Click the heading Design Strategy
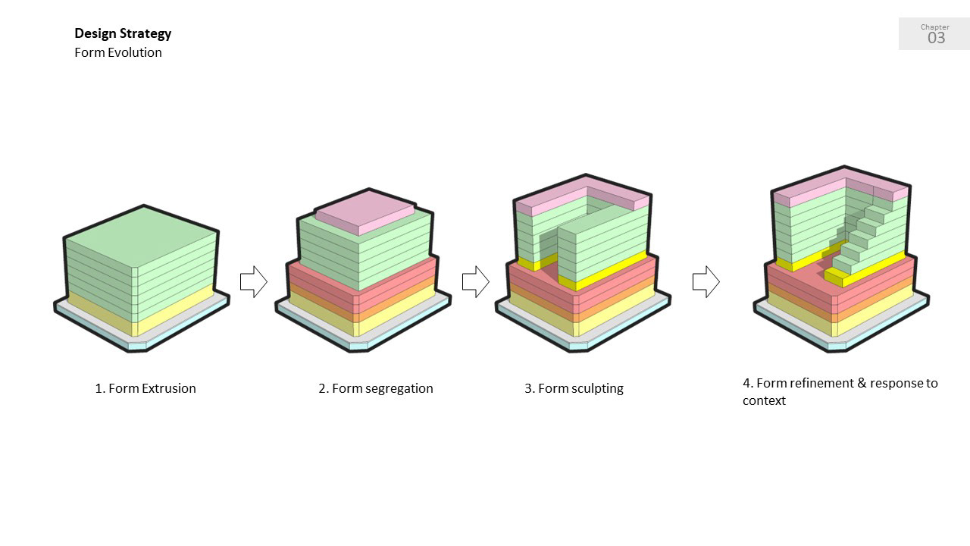tap(123, 33)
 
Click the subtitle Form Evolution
tap(118, 52)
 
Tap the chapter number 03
tap(936, 38)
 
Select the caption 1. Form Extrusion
tap(145, 388)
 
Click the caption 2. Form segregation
tap(376, 388)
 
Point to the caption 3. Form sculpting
tap(574, 388)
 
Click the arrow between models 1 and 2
tap(253, 281)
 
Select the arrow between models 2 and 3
tap(475, 281)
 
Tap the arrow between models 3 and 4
tap(706, 281)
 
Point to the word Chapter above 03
tap(935, 27)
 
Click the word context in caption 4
tap(764, 400)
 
